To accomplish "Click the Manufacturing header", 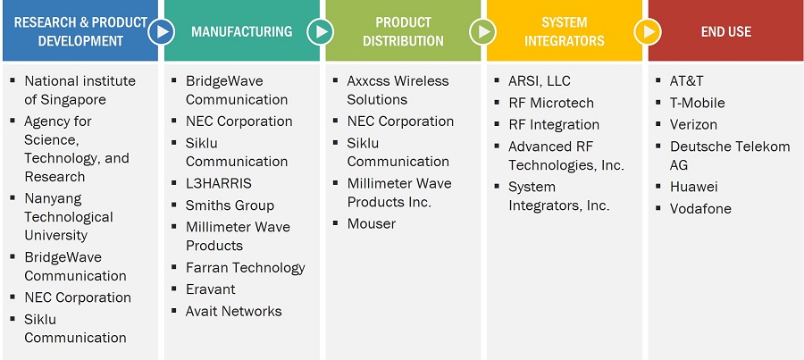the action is point(241,30).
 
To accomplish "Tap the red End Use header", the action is point(725,30).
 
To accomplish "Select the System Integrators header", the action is point(564,30).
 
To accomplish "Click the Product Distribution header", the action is point(403,30).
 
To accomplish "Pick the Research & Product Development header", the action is point(80,30).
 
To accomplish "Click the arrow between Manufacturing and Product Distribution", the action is point(321,32).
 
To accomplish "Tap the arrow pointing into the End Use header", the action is point(647,32).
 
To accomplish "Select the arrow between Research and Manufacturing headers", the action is point(162,32).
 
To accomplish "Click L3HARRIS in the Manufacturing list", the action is point(219,184).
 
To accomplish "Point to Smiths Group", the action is point(230,205).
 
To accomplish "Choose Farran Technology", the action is point(245,268).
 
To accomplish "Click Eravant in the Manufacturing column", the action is point(210,289).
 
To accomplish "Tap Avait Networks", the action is point(233,311).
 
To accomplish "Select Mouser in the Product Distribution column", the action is point(372,224).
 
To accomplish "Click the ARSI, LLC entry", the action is point(539,81).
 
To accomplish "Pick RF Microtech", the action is point(550,103).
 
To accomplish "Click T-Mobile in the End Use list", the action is point(697,103).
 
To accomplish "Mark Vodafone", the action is point(700,209).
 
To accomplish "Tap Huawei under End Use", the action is point(693,187).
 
